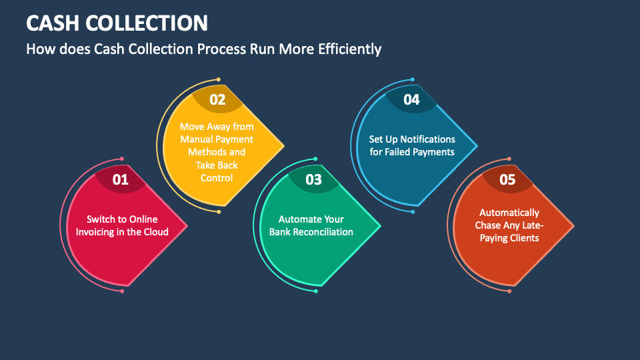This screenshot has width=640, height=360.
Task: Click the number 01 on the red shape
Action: (x=120, y=179)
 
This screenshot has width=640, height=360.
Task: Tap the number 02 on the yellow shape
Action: (x=217, y=100)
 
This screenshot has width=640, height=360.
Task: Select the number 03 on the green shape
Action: (x=313, y=179)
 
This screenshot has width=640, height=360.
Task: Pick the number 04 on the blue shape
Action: (x=411, y=100)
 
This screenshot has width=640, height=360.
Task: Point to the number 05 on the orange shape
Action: (x=507, y=179)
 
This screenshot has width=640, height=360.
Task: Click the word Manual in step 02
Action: (x=196, y=139)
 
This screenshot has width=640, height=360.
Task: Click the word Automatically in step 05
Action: (x=509, y=213)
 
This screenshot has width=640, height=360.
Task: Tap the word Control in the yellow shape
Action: (x=217, y=178)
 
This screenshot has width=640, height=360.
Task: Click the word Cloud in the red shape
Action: (x=155, y=232)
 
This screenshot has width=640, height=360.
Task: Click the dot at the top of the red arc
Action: (x=121, y=159)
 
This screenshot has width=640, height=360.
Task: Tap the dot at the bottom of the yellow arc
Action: (x=218, y=211)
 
